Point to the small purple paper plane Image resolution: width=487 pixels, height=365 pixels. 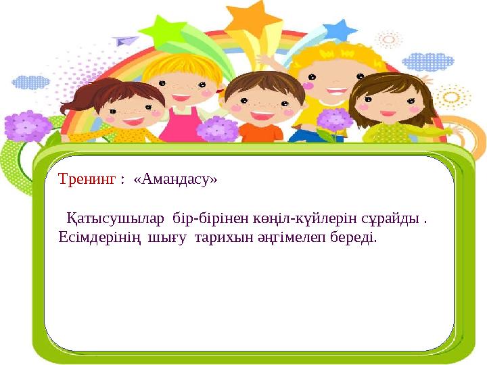pyautogui.click(x=126, y=41)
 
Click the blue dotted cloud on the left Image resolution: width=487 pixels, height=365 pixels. pyautogui.click(x=30, y=82)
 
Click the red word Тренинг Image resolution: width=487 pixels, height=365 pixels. pyautogui.click(x=87, y=180)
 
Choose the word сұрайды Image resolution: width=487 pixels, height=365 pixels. pyautogui.click(x=392, y=219)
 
